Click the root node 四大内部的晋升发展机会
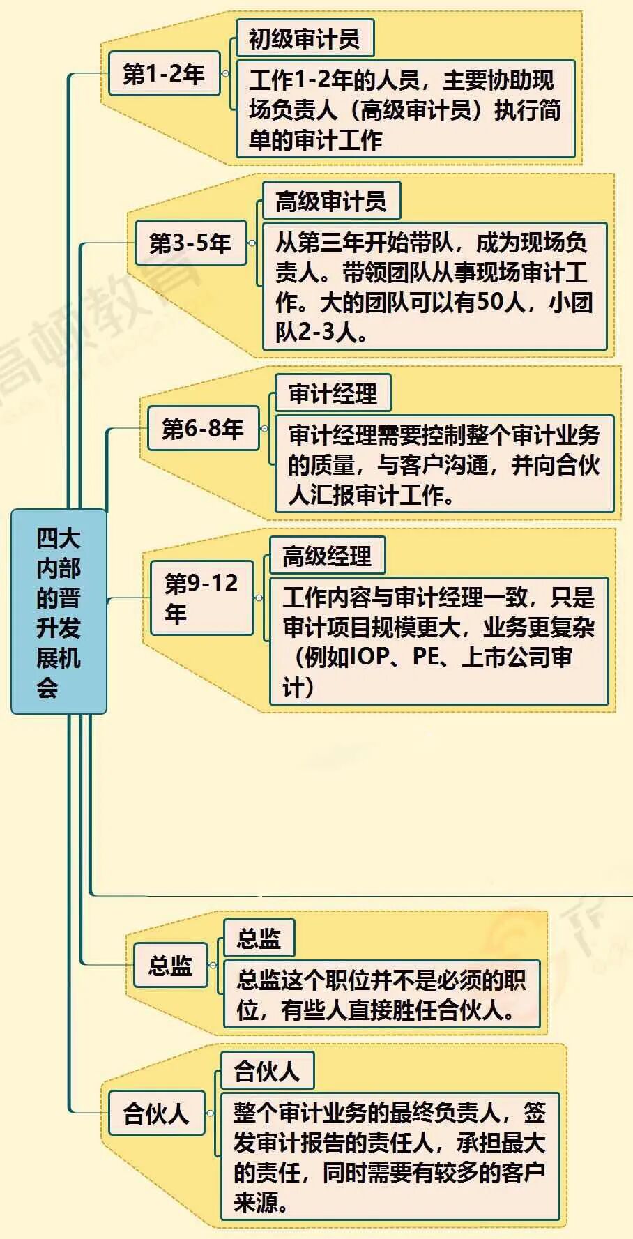pyautogui.click(x=59, y=611)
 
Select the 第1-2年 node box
pyautogui.click(x=164, y=73)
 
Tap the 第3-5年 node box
pyautogui.click(x=190, y=243)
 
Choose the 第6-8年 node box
pyautogui.click(x=203, y=428)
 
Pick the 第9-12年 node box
pyautogui.click(x=201, y=598)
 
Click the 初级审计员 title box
pyautogui.click(x=305, y=38)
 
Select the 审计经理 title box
pyautogui.click(x=333, y=393)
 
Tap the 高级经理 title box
pyautogui.click(x=326, y=556)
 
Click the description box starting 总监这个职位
pyautogui.click(x=381, y=994)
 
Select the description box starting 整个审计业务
pyautogui.click(x=390, y=1156)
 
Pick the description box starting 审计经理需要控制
pyautogui.click(x=444, y=464)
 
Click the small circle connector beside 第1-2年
pyautogui.click(x=225, y=73)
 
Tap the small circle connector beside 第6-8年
pyautogui.click(x=264, y=428)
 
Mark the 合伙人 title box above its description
pyautogui.click(x=267, y=1070)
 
